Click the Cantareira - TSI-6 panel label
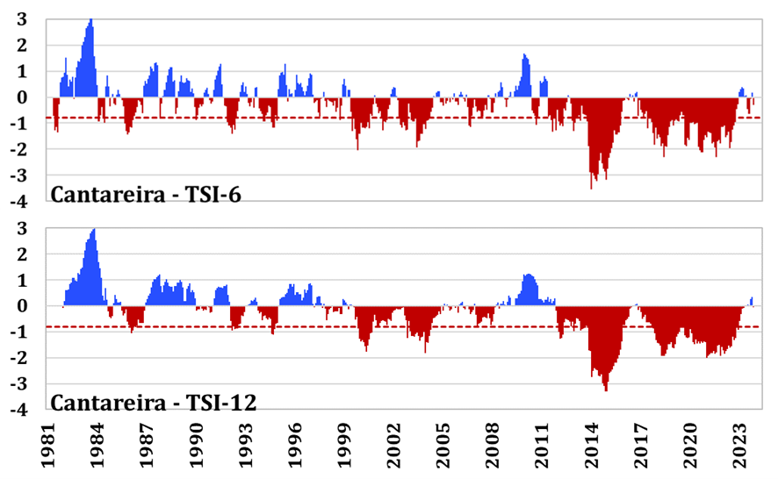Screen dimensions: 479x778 (x=146, y=193)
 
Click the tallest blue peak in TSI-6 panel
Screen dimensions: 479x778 (x=90, y=21)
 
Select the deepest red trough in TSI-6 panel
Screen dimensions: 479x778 (x=592, y=186)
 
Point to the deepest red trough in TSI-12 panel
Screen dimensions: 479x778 (x=606, y=389)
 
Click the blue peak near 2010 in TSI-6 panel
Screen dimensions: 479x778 (x=524, y=56)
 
